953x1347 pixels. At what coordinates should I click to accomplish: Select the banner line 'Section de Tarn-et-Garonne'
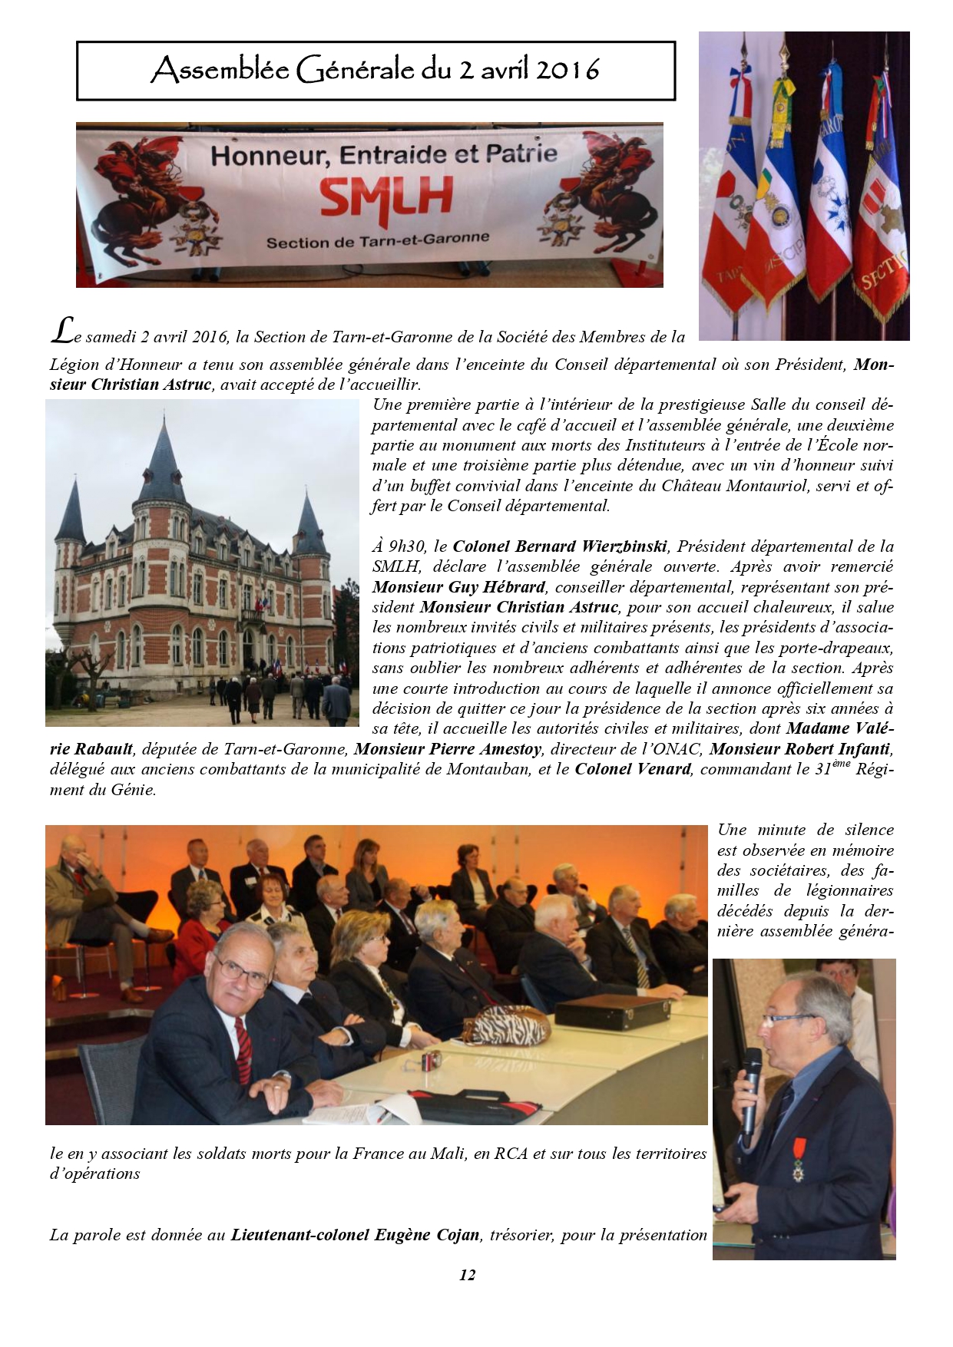[377, 240]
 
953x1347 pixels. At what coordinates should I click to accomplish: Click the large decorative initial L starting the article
[60, 330]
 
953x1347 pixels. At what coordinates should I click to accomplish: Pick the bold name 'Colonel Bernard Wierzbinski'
[561, 546]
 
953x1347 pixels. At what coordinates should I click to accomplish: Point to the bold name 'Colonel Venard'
[633, 768]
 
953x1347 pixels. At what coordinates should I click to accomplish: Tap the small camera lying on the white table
[429, 1061]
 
